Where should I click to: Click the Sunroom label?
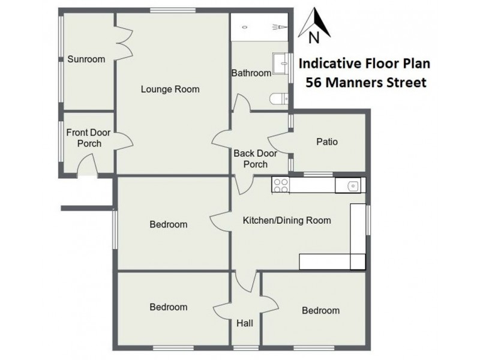tap(86, 59)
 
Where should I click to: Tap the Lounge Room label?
tap(170, 89)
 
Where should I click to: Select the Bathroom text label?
tap(251, 73)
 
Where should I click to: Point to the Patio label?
tap(327, 142)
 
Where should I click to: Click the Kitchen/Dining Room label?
tap(286, 220)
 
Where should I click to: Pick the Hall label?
tap(245, 323)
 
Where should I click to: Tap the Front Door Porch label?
tap(84, 139)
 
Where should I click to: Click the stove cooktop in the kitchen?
tap(280, 185)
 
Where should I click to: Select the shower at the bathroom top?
tap(259, 27)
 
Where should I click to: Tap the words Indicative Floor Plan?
tap(364, 62)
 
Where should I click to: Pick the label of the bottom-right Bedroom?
tap(320, 310)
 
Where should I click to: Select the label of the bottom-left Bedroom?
tap(168, 307)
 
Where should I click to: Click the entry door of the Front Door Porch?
tap(88, 165)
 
